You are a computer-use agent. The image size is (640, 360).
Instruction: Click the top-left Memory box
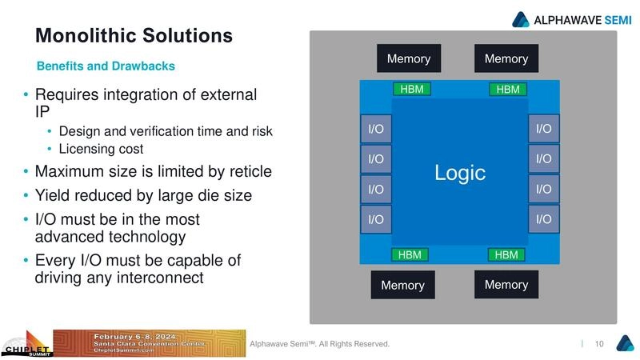coord(409,58)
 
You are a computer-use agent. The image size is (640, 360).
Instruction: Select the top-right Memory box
coord(506,58)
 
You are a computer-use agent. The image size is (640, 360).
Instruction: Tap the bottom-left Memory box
coord(402,285)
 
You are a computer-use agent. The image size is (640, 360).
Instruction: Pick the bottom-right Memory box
coord(506,284)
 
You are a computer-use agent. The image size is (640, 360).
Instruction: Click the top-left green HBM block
coord(410,89)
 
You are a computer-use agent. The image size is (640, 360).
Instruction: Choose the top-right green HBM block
coord(508,90)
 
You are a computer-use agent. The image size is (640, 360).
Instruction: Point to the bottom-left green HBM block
coord(410,255)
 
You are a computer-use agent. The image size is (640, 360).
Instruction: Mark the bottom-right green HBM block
coord(506,255)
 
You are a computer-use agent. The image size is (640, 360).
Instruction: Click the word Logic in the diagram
coord(460,172)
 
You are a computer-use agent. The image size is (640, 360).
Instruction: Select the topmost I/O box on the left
coord(375,129)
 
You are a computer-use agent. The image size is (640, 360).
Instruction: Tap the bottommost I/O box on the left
coord(375,218)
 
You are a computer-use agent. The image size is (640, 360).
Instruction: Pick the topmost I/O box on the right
coord(544,129)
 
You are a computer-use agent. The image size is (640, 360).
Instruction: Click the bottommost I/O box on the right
coord(544,218)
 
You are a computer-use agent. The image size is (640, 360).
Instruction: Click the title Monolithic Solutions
coord(134,36)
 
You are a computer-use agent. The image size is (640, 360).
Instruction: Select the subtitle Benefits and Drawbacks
coord(106,66)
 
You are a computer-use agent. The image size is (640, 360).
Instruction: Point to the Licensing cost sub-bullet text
coord(101,150)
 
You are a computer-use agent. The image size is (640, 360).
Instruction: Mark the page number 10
coord(599,344)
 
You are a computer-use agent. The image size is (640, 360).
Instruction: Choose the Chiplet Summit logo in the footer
coord(26,344)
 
